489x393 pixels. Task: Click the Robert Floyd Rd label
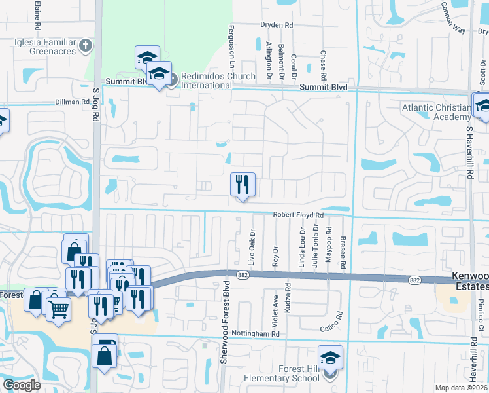click(298, 215)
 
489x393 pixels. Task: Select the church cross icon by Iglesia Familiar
click(85, 45)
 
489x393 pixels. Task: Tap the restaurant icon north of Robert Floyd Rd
click(243, 185)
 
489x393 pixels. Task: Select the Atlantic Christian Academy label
click(435, 112)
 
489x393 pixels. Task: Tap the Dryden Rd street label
click(277, 25)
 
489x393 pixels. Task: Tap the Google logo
click(21, 385)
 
